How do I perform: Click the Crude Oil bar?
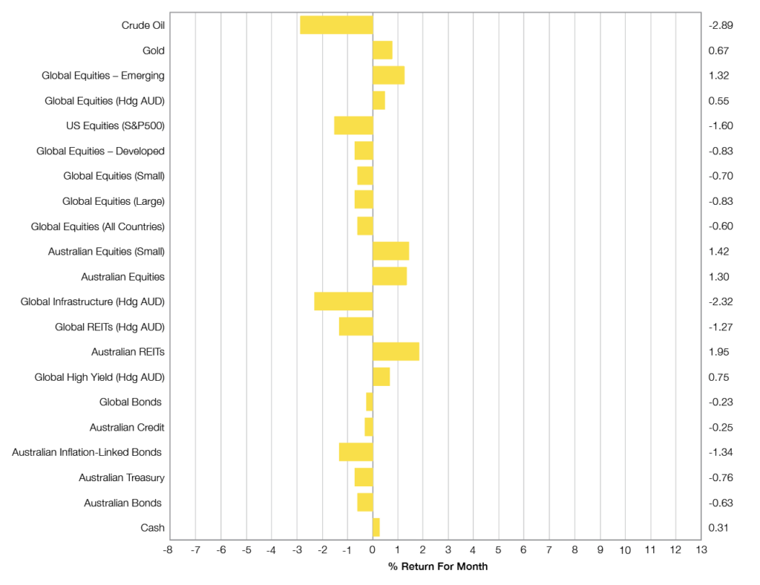click(336, 24)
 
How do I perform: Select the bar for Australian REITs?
click(396, 351)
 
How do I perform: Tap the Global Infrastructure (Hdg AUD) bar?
click(343, 301)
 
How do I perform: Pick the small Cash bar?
click(376, 527)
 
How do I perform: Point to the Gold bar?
click(382, 50)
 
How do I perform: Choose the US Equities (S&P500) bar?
click(353, 125)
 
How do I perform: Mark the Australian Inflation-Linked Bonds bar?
click(356, 451)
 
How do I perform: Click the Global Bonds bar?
click(369, 402)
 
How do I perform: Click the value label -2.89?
click(721, 25)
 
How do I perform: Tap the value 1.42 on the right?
click(718, 251)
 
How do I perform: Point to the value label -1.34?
click(721, 452)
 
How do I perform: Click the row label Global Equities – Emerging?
click(104, 76)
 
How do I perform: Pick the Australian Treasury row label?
click(122, 477)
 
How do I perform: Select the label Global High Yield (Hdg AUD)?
click(99, 377)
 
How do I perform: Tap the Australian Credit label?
click(127, 428)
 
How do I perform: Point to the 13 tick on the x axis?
click(701, 550)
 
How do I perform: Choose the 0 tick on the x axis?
click(373, 550)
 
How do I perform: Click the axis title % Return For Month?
click(438, 566)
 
